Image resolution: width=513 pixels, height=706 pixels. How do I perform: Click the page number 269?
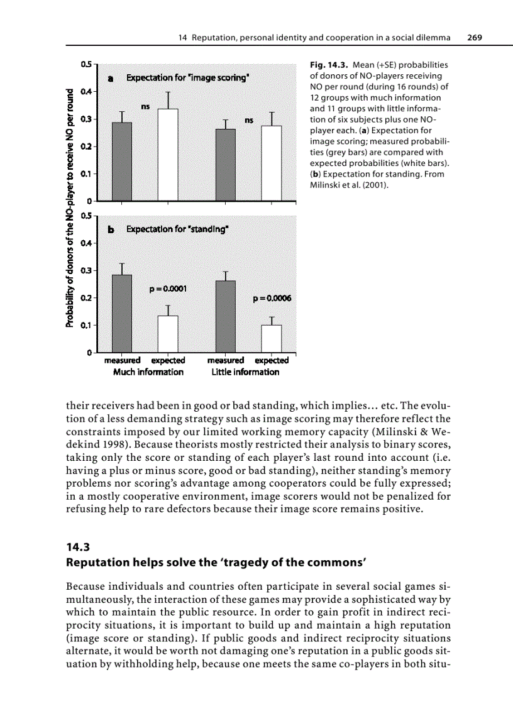474,38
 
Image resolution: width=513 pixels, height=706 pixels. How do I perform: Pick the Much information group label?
148,372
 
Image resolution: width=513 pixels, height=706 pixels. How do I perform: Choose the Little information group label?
245,372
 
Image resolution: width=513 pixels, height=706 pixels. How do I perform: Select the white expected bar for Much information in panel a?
168,155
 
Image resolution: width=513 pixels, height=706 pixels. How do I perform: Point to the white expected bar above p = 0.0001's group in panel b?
168,333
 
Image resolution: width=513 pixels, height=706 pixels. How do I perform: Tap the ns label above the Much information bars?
145,107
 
